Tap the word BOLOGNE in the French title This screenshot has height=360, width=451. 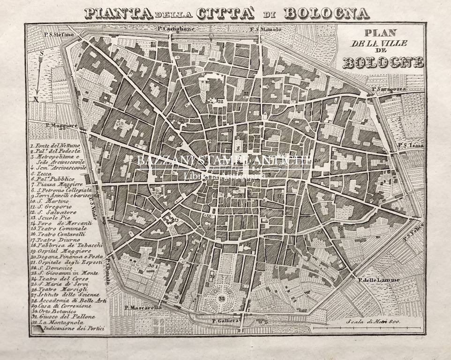383,62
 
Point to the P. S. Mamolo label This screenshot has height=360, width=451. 265,29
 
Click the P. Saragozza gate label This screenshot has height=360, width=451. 388,89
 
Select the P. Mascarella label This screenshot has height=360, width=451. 143,308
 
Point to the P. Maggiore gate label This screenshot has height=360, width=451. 61,125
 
